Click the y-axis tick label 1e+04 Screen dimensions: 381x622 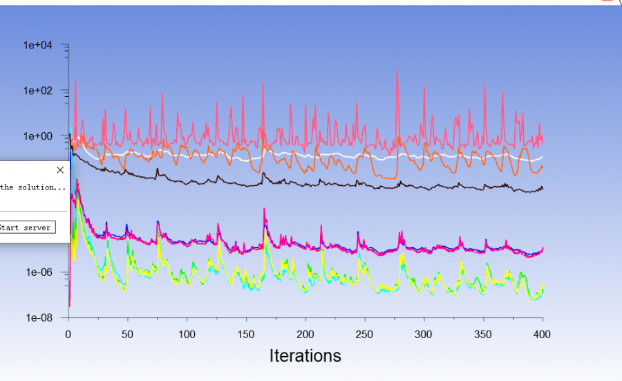click(x=43, y=45)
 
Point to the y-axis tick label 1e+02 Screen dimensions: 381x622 click(x=43, y=91)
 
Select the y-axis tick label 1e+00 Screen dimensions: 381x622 click(x=43, y=136)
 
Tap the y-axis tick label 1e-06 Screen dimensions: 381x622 click(x=43, y=272)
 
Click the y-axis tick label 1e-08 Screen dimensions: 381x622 click(x=43, y=318)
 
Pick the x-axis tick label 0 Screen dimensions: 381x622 click(x=68, y=334)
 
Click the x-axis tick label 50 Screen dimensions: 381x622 click(x=127, y=334)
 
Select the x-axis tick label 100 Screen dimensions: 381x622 click(x=187, y=334)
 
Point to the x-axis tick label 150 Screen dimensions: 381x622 click(x=246, y=334)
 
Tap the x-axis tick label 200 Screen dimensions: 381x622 click(x=305, y=334)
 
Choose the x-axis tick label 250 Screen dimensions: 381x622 click(x=364, y=334)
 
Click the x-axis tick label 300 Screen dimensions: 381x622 click(x=424, y=334)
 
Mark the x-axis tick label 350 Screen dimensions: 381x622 click(x=483, y=334)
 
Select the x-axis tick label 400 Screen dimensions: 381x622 click(x=543, y=334)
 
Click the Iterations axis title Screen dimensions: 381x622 click(x=305, y=355)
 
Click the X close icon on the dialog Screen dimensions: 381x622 click(x=60, y=169)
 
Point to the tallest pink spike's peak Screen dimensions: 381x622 click(x=397, y=70)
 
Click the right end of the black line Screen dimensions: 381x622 click(x=543, y=188)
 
